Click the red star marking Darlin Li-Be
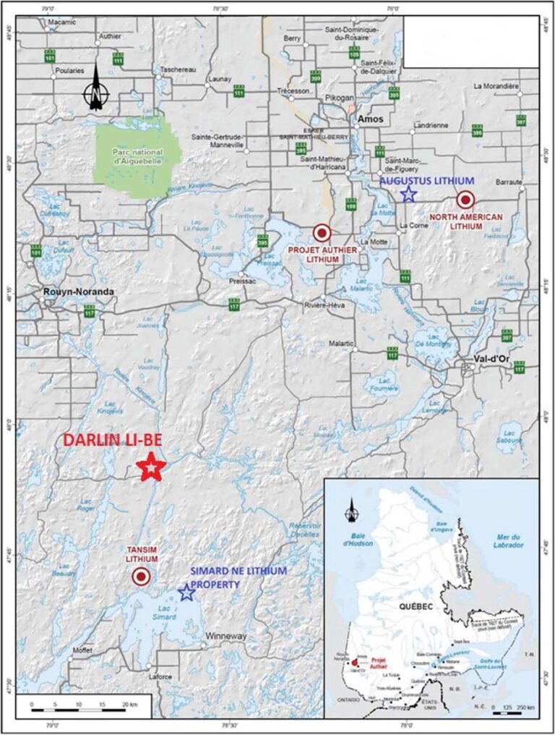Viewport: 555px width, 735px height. click(151, 467)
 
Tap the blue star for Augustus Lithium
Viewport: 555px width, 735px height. click(408, 194)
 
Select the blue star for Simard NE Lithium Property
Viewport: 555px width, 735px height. click(186, 593)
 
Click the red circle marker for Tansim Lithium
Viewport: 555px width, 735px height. click(141, 577)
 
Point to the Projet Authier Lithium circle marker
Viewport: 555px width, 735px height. click(322, 232)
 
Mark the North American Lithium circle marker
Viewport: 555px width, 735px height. click(465, 200)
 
